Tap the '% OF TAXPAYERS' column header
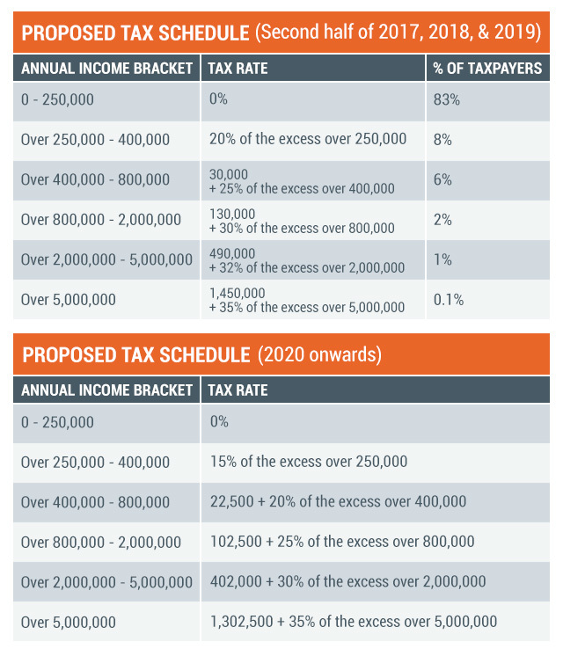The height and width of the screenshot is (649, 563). [487, 69]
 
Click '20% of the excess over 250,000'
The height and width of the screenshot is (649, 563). [308, 139]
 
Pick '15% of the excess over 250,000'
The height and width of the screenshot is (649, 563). [309, 462]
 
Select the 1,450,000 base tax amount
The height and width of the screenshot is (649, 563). [238, 294]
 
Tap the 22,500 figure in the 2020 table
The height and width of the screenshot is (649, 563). [232, 501]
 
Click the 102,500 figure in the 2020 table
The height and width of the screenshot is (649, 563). [236, 542]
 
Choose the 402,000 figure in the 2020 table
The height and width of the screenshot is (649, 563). [236, 581]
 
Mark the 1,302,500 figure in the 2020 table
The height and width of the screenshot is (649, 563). [242, 622]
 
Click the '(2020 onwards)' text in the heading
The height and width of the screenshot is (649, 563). [319, 354]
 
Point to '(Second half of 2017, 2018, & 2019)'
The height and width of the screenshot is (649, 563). [398, 33]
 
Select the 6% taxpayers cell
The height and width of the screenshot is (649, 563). [442, 179]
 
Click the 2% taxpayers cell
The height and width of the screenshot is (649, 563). [442, 220]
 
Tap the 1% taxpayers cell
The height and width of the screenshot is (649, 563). [442, 259]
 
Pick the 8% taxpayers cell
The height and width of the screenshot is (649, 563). [442, 140]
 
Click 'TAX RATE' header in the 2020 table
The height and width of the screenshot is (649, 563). [238, 390]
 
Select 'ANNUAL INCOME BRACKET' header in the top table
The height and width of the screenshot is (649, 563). [106, 69]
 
